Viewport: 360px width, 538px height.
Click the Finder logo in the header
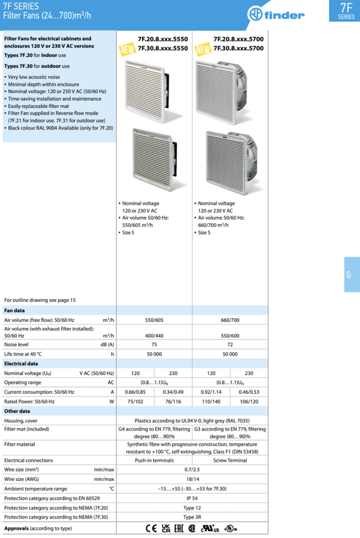pos(283,15)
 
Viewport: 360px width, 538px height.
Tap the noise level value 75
pos(155,344)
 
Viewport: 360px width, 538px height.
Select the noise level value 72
pos(230,344)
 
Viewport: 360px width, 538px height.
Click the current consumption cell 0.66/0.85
pos(135,392)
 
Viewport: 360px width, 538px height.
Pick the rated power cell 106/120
pos(249,401)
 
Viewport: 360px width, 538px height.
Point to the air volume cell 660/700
pos(230,319)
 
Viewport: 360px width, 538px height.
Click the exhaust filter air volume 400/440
pos(155,335)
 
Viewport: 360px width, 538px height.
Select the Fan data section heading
pos(15,311)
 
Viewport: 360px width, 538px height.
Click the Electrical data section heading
pos(20,364)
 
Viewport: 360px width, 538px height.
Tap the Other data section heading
pos(17,411)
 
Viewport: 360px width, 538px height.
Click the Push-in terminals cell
pos(155,460)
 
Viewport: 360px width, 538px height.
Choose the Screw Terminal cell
pos(230,460)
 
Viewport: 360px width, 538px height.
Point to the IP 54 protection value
pos(192,498)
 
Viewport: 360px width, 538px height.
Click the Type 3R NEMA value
pos(192,517)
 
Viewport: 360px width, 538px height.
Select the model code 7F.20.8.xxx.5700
pos(238,39)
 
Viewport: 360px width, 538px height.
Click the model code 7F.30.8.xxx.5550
pos(162,48)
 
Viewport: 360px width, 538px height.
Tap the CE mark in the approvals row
pos(151,528)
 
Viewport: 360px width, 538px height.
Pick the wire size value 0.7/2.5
pos(192,470)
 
